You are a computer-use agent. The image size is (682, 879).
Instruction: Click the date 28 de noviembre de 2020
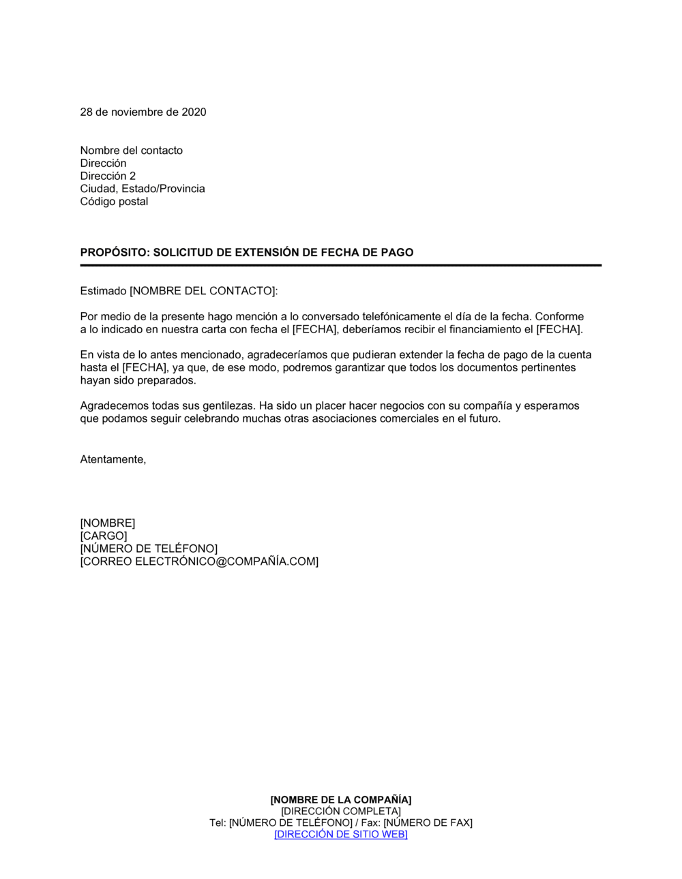click(143, 112)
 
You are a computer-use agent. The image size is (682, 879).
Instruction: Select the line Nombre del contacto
click(132, 151)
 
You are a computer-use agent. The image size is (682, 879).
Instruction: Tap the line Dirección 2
click(108, 176)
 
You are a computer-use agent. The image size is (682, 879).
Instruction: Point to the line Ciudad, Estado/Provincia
click(143, 189)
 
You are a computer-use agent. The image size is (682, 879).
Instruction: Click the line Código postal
click(114, 202)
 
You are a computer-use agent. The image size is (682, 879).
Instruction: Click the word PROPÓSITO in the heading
click(113, 252)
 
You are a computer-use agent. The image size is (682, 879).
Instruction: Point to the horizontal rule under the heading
click(341, 265)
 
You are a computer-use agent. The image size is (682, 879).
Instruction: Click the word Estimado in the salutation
click(103, 291)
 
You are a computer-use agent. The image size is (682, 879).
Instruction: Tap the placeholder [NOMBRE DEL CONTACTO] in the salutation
click(203, 291)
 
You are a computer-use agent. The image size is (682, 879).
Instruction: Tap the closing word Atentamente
click(113, 460)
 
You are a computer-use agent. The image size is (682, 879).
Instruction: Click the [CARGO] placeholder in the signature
click(104, 536)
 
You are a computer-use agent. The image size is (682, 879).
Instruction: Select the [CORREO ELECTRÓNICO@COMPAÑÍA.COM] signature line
click(199, 562)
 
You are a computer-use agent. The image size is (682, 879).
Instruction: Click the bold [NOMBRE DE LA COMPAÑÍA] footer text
click(341, 800)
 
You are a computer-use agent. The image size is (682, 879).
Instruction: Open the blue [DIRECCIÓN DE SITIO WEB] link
click(341, 835)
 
